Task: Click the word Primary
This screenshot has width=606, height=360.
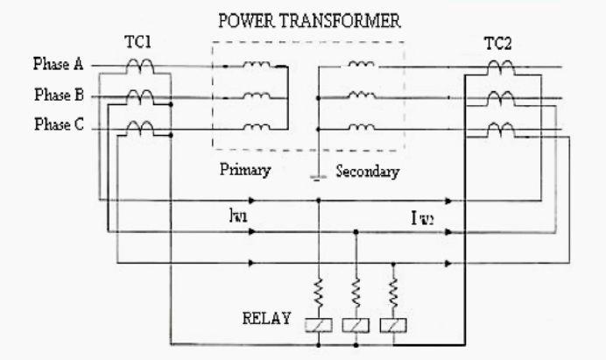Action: [244, 171]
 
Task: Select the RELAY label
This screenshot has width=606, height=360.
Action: [266, 317]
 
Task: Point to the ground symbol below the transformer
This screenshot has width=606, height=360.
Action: [317, 178]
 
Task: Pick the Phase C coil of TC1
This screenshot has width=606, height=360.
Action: [140, 128]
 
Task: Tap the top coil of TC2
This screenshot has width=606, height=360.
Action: [500, 66]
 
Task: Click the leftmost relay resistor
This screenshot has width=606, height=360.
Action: [317, 288]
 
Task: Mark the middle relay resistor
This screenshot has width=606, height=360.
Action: [356, 288]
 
